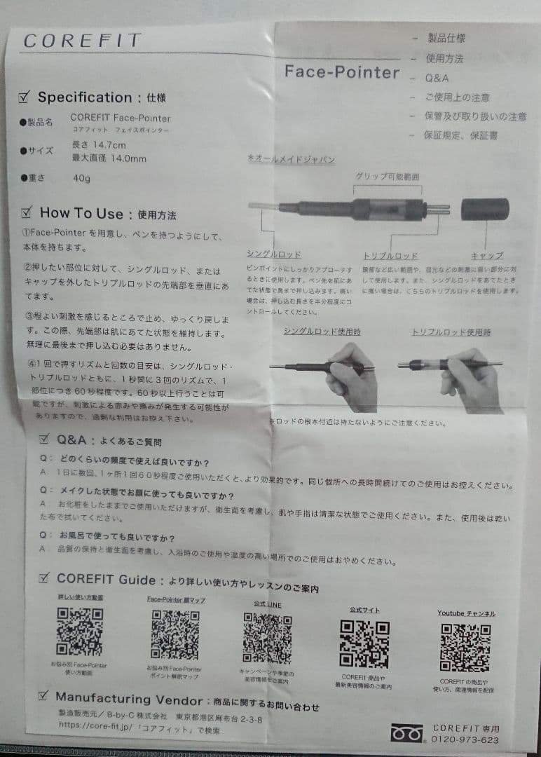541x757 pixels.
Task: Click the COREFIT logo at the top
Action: tap(82, 41)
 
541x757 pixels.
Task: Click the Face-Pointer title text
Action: tap(342, 72)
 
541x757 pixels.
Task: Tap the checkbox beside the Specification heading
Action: tap(26, 97)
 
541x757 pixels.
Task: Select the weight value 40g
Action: tap(81, 178)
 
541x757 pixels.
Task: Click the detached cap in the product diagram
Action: tap(485, 209)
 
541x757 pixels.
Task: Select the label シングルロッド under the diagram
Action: tap(274, 254)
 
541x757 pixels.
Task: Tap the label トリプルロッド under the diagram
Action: tap(390, 256)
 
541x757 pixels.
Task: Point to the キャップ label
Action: tap(486, 256)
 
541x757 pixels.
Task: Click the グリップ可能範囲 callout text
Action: tap(388, 177)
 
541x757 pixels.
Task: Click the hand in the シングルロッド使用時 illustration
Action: tap(352, 378)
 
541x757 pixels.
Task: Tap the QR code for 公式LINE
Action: tap(267, 639)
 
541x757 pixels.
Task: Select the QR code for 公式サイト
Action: tap(364, 643)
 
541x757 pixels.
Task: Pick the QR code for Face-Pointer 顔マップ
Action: tap(174, 634)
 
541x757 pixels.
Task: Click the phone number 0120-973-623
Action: tap(466, 739)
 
